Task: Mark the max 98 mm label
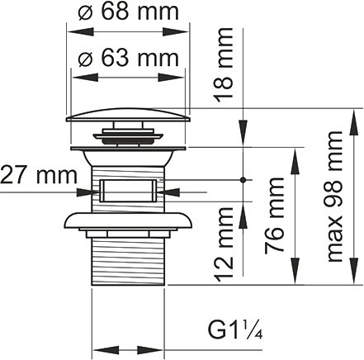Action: click(333, 196)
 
